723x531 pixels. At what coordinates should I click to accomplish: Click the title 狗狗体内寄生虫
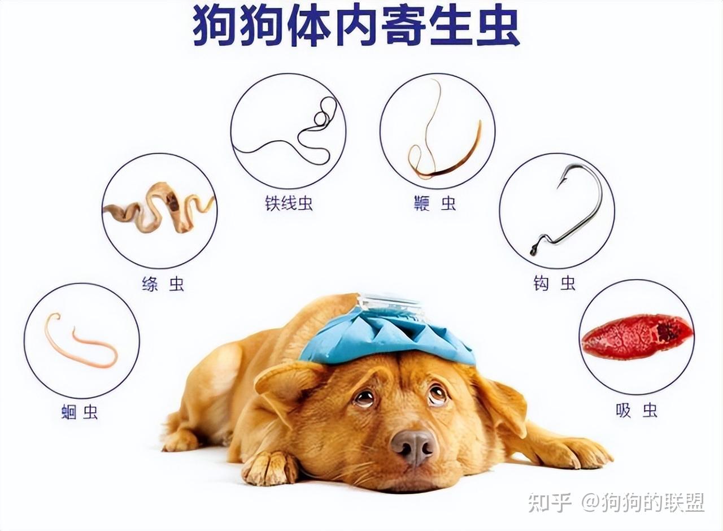(356, 26)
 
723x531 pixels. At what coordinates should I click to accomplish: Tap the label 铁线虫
(289, 203)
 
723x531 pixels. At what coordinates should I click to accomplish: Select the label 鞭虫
(434, 203)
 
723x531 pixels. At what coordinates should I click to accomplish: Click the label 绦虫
(163, 284)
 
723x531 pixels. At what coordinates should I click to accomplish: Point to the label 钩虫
(554, 284)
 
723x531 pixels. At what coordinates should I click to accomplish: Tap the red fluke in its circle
(637, 336)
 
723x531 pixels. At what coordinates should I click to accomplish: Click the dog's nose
(414, 446)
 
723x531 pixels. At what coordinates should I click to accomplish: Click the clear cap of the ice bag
(390, 305)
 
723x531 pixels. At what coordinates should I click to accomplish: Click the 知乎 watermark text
(550, 502)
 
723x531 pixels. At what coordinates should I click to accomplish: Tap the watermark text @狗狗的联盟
(643, 502)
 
